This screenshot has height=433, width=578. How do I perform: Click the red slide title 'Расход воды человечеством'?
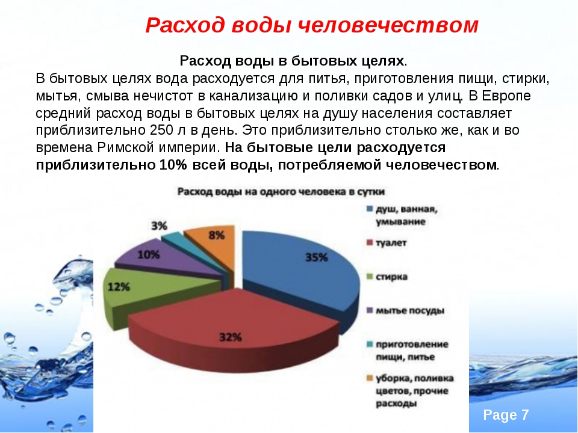coord(312,25)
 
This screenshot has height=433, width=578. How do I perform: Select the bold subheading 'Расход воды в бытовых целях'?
coord(291,61)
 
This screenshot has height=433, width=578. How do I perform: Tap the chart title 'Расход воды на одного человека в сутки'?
coord(281,192)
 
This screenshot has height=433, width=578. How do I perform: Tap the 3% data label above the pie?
coord(159,226)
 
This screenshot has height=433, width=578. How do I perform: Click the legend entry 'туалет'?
coord(391,243)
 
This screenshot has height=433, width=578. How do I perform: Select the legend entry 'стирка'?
coord(391,277)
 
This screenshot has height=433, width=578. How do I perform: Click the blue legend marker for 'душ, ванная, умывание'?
coord(370,209)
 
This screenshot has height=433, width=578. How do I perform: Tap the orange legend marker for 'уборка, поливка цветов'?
coord(370,378)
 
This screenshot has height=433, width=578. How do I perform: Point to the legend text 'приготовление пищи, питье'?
coord(412,351)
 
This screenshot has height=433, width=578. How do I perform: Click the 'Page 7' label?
coord(506,415)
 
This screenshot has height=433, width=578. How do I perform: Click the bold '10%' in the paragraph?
coord(173,165)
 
